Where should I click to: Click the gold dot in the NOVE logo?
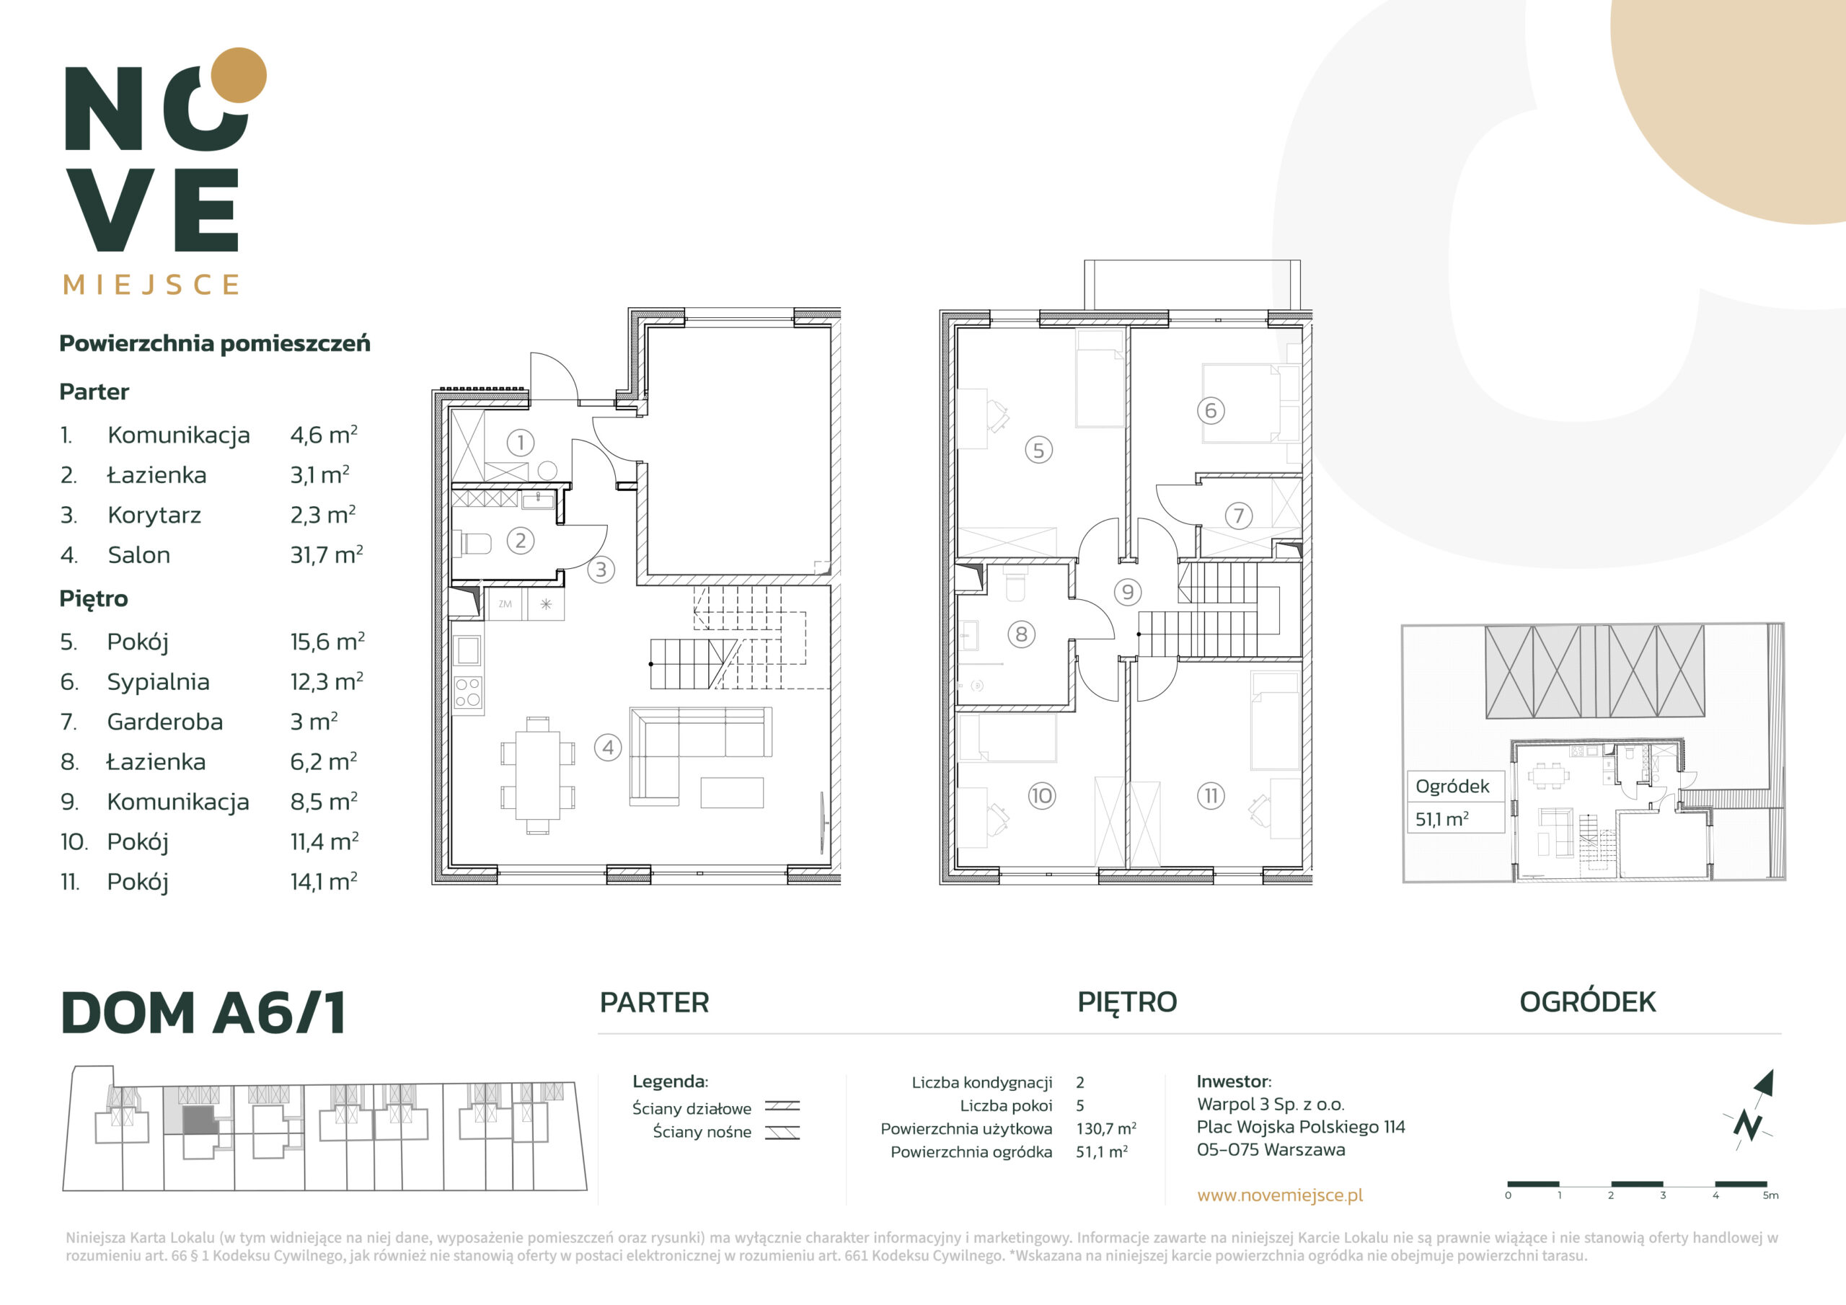coord(238,76)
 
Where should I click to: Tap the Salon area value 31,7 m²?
coord(327,555)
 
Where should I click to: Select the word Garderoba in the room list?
coord(165,721)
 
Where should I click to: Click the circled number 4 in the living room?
coord(608,748)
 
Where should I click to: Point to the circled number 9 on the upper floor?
coord(1128,593)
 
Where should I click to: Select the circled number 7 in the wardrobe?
coord(1238,516)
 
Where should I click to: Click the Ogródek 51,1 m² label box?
coord(1455,802)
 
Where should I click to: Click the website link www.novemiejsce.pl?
coord(1280,1195)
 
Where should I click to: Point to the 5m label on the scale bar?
coord(1770,1195)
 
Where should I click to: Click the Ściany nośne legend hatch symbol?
coord(782,1132)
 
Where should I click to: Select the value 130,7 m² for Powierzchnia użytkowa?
coord(1106,1129)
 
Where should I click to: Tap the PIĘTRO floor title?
coord(1127,1003)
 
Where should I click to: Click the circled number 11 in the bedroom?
coord(1211,796)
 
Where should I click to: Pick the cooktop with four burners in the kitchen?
coord(468,692)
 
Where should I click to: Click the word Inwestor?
coord(1233,1081)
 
